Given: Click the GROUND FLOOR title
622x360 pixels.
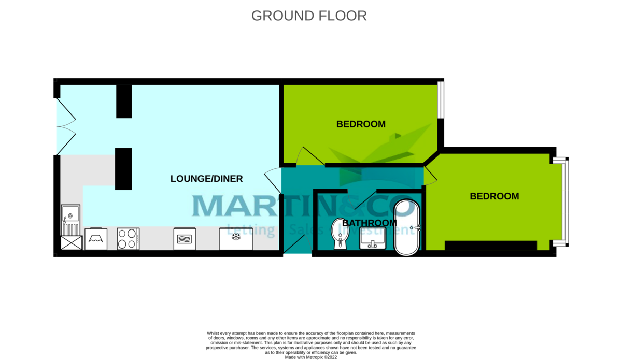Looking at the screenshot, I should coord(309,16).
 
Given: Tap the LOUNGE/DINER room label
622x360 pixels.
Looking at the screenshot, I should coord(206,179).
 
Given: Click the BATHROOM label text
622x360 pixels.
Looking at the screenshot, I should coord(370,223).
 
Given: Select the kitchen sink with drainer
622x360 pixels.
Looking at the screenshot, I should coord(70,220).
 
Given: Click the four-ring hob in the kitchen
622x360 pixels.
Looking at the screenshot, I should coord(128,239).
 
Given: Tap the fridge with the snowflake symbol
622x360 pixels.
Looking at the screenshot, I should coord(236,238).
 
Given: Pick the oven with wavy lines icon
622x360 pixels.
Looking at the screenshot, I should coord(184,239).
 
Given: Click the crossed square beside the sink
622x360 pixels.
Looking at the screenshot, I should coord(71,242).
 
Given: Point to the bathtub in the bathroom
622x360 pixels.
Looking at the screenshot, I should coord(407,227).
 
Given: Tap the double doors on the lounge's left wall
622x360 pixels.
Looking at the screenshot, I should coord(65,126).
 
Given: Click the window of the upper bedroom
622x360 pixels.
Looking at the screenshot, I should coord(440,99).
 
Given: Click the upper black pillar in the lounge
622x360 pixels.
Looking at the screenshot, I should coord(124,101).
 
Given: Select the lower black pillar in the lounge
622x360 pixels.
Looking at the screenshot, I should coord(123,168).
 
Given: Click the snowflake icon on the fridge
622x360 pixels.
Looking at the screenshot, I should coord(236,237).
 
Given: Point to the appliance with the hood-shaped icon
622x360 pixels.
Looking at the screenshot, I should coord(96,239).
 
